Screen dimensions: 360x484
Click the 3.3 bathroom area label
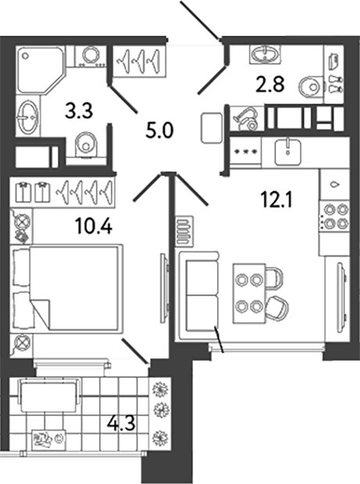(x=79, y=112)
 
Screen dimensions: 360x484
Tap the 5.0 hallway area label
(x=160, y=131)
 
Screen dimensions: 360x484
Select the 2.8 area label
(x=270, y=85)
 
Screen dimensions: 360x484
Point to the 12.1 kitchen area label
(x=276, y=200)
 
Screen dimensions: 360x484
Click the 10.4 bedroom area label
(x=93, y=227)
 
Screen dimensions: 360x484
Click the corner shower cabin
(x=41, y=69)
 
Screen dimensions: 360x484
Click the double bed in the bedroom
(x=66, y=288)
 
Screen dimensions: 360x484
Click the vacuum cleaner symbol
(x=246, y=119)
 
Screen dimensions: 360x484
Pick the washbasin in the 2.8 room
(x=265, y=54)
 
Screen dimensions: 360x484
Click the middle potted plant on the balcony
(x=162, y=411)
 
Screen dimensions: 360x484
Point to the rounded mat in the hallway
(x=212, y=128)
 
